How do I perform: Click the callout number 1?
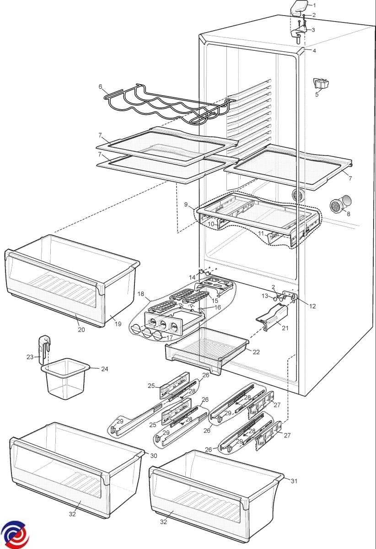[314, 5]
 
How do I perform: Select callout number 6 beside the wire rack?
[100, 86]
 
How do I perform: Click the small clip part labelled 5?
[322, 84]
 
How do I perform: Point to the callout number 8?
[349, 213]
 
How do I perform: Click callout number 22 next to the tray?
[256, 352]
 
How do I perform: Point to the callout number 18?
[140, 294]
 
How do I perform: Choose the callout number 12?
[312, 307]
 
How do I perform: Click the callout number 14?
[193, 278]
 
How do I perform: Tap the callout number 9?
[186, 205]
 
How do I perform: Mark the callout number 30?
[153, 455]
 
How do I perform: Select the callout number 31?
[294, 480]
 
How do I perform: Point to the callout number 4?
[314, 51]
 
